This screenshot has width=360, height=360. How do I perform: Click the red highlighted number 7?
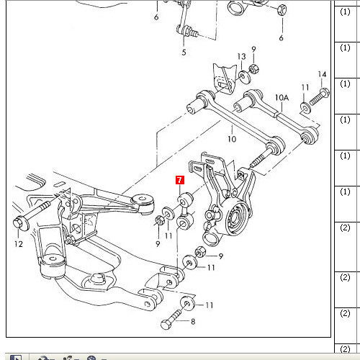[180, 180]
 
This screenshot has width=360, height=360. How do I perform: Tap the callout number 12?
[19, 244]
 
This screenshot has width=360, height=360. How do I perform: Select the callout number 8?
[193, 321]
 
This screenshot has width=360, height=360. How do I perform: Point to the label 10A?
[282, 98]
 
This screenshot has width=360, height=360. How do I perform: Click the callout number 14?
[322, 74]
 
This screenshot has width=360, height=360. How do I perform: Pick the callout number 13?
[242, 57]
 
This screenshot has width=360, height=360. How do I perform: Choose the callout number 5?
[184, 52]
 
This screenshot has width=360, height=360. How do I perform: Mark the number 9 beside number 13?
[253, 49]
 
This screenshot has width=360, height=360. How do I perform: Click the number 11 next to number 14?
[305, 87]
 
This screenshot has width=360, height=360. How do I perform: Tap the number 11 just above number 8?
[210, 305]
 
